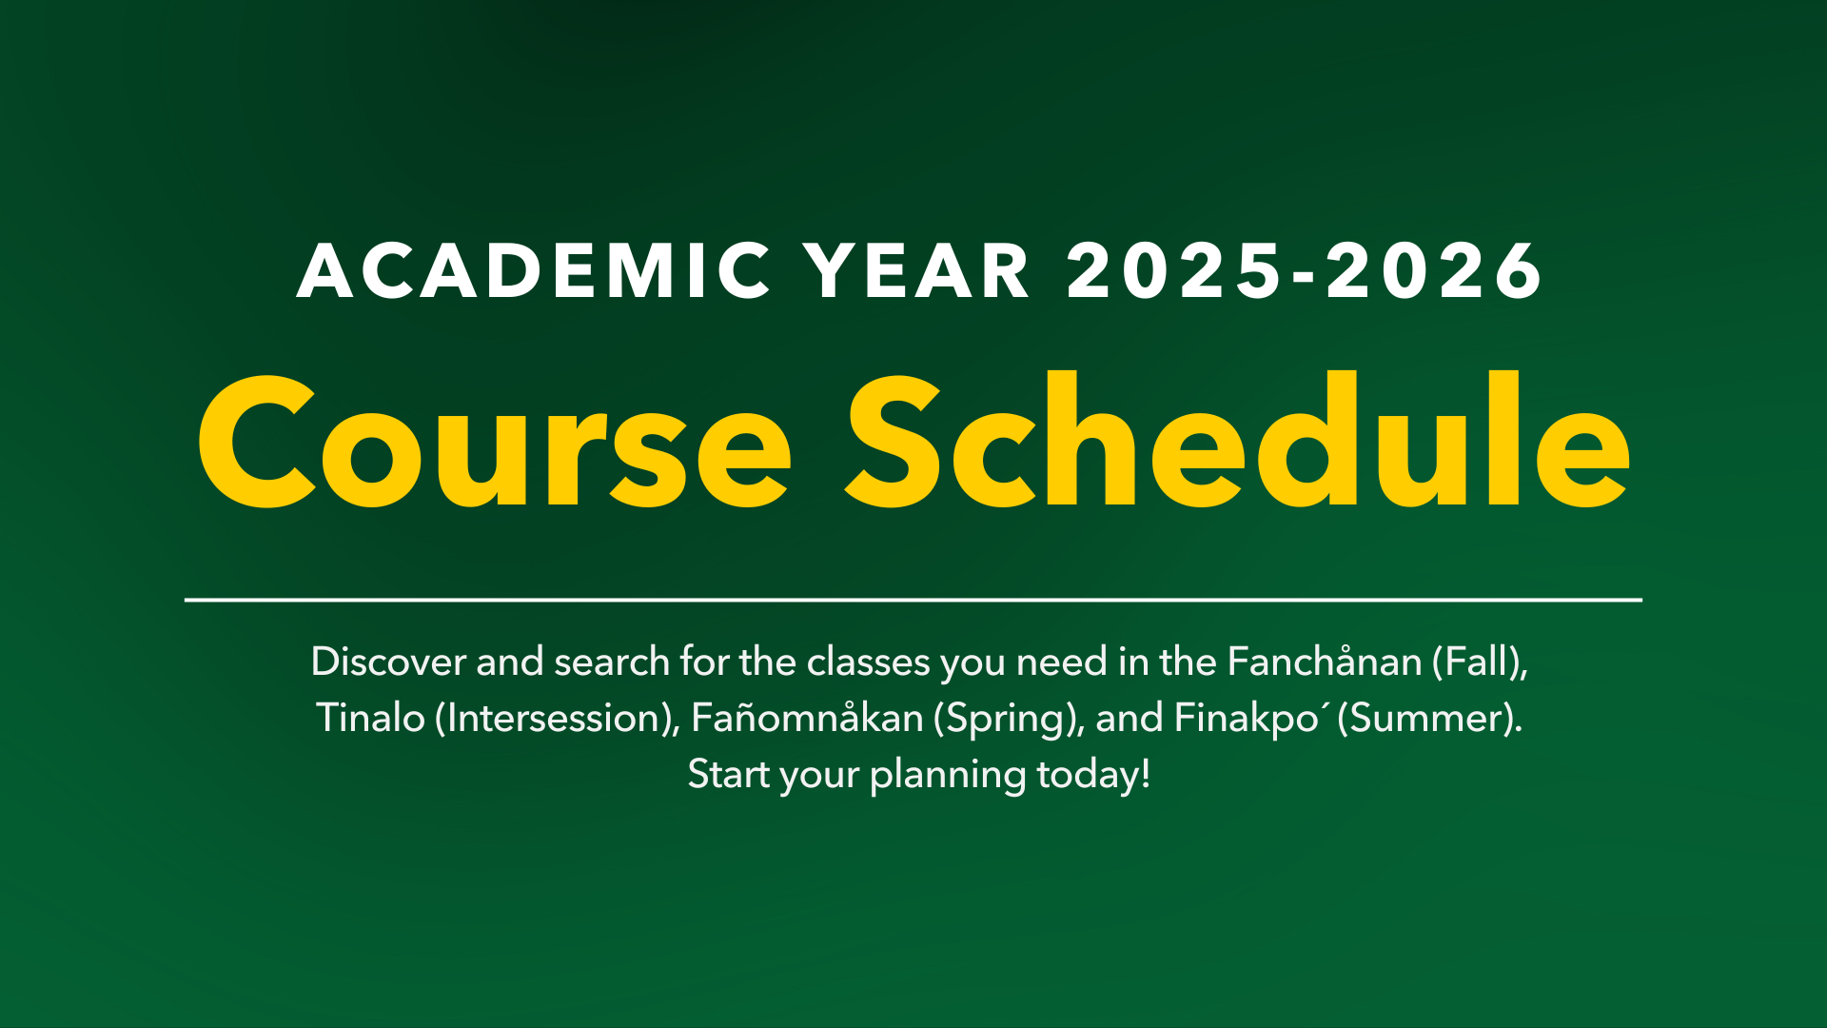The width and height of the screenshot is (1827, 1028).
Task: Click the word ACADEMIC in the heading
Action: coord(533,271)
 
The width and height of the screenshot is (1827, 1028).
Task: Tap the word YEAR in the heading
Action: coord(917,271)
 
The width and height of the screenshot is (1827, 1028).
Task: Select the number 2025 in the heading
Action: coord(1174,271)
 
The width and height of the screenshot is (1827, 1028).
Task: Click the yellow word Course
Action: coord(494,443)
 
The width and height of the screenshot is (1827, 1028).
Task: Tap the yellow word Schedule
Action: coord(1238,443)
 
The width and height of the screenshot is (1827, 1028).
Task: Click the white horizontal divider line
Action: coord(913,600)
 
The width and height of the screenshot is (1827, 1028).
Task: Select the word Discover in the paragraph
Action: coord(387,662)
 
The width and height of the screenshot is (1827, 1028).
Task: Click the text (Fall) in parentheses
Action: coord(1479,662)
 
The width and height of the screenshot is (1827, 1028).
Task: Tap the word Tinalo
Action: coord(370,718)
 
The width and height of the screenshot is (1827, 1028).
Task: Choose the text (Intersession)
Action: coord(557,718)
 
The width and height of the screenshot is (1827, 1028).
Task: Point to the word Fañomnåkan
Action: coord(807,718)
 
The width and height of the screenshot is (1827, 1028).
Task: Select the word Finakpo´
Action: coord(1249,718)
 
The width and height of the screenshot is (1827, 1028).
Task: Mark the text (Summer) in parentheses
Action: coord(1428,718)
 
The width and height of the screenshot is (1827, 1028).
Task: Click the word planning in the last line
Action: coord(948,775)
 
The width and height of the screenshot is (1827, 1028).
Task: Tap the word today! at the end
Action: coord(1093,774)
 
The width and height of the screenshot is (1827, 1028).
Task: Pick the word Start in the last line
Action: coord(728,774)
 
